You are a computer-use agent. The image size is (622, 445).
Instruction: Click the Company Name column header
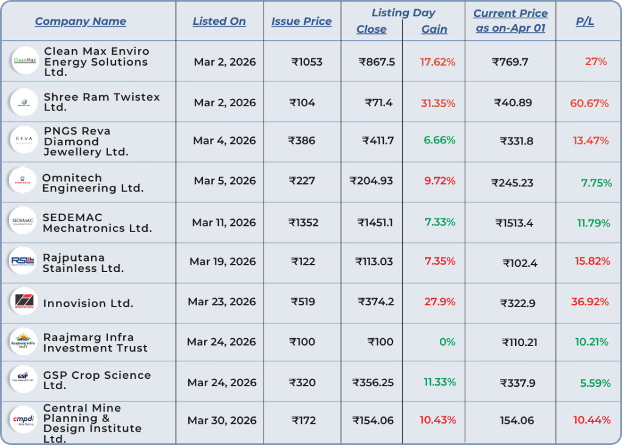[80, 21]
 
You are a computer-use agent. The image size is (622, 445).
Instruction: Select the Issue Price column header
[301, 21]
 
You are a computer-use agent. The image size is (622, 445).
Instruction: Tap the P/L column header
[585, 21]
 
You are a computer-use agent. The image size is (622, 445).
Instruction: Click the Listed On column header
[219, 21]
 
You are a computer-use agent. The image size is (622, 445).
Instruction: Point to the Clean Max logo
[25, 61]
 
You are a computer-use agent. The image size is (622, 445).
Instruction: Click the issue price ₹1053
[307, 62]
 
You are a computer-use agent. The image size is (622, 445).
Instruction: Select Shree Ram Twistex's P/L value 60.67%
[589, 103]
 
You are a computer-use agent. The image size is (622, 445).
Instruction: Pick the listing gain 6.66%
[440, 140]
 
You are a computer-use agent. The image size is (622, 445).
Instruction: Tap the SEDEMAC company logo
[25, 222]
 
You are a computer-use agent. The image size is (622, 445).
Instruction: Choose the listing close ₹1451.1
[375, 222]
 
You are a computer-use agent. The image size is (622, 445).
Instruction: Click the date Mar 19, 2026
[222, 262]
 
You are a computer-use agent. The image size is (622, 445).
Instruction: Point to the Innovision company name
[88, 304]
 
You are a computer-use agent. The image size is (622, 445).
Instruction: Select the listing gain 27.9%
[440, 302]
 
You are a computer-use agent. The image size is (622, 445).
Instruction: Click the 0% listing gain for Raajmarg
[447, 342]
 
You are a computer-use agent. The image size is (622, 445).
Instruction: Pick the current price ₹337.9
[518, 382]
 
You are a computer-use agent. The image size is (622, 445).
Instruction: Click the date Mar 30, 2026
[222, 420]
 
